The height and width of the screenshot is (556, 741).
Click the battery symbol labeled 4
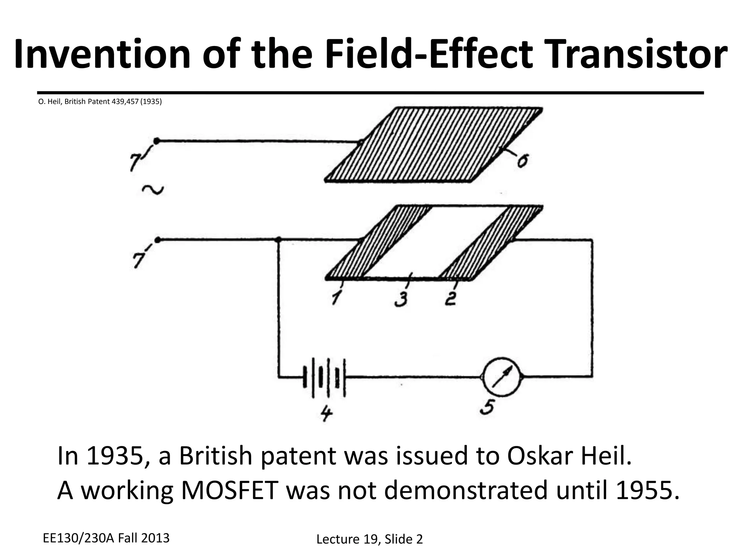pos(324,377)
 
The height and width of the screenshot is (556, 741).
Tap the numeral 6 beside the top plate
pos(522,161)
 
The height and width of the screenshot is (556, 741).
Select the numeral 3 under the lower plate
pos(401,299)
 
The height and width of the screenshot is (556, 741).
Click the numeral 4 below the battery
pos(326,414)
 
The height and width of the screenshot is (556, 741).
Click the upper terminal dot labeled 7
pos(157,141)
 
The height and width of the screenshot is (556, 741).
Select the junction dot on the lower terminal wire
pos(278,240)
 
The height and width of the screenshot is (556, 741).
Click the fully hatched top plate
pos(433,145)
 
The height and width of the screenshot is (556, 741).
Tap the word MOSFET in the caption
pos(229,490)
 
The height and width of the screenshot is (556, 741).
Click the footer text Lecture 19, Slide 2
pos(369,539)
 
